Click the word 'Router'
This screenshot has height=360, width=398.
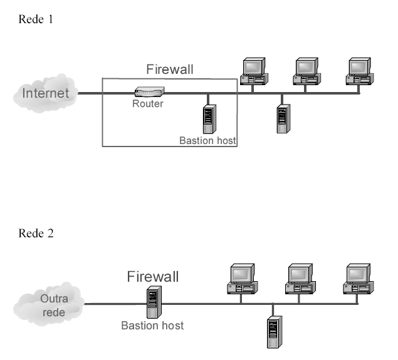(x=147, y=104)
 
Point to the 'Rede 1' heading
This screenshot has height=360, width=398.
(x=36, y=19)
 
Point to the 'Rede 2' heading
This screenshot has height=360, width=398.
(x=36, y=234)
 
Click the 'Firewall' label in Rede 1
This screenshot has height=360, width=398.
(x=170, y=69)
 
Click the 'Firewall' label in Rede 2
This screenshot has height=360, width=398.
(x=153, y=276)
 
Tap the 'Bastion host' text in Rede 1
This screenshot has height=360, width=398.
(x=207, y=141)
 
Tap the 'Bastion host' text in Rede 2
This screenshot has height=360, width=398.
(x=152, y=326)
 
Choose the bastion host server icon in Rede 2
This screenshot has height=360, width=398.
(x=152, y=303)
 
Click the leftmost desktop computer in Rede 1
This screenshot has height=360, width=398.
(x=254, y=71)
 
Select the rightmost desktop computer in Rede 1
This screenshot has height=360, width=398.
(x=361, y=71)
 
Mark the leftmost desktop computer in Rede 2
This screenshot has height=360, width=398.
(x=241, y=279)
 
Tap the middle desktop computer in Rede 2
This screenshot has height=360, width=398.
(x=300, y=279)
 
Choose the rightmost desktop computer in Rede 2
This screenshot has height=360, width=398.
(x=357, y=279)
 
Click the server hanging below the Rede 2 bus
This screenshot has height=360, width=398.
(x=273, y=331)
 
